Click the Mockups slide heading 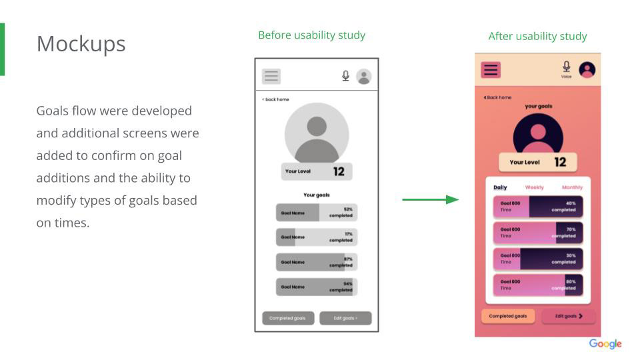click(81, 43)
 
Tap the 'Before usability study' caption click(311, 35)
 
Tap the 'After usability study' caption click(537, 37)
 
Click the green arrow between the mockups click(431, 199)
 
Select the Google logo click(605, 344)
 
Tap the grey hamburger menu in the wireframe click(271, 76)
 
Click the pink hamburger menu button click(491, 70)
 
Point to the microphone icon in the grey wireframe click(345, 76)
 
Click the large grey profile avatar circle click(317, 133)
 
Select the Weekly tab click(534, 187)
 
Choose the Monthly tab click(572, 187)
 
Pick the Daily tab click(499, 187)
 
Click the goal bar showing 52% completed click(317, 213)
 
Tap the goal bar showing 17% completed click(317, 237)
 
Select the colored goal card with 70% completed click(537, 233)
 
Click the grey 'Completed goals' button click(287, 319)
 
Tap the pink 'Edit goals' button click(569, 316)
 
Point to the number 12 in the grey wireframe click(339, 172)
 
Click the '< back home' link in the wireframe click(275, 99)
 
